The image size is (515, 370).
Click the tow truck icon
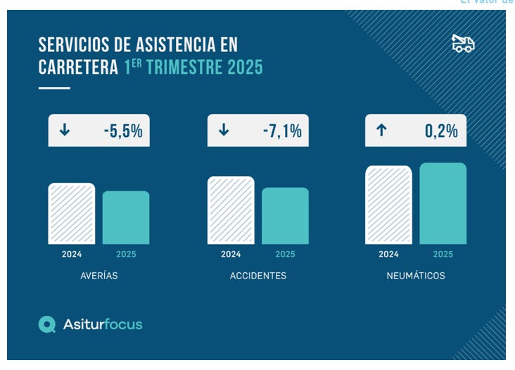tap(463, 44)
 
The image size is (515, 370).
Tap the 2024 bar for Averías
tap(71, 214)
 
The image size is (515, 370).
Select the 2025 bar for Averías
tap(126, 217)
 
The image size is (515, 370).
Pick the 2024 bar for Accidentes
tap(231, 210)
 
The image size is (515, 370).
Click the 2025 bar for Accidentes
tap(285, 216)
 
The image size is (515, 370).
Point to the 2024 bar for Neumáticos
tap(388, 205)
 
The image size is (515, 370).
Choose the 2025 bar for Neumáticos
tap(443, 204)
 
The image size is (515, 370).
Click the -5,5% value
tap(123, 131)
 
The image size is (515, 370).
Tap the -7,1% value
tap(282, 131)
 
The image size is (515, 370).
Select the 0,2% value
tap(441, 131)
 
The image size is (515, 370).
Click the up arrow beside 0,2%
tap(381, 130)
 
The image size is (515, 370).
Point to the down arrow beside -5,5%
tap(65, 130)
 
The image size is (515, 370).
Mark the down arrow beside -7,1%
tap(224, 130)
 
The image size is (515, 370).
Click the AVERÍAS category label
tap(99, 276)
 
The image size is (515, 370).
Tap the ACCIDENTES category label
tap(258, 276)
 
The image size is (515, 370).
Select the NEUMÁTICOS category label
tap(416, 276)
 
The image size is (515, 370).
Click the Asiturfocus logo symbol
tap(47, 324)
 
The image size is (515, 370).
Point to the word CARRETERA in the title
tap(77, 68)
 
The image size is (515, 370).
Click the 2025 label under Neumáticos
tap(443, 254)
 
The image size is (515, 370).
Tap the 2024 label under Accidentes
tap(231, 254)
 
